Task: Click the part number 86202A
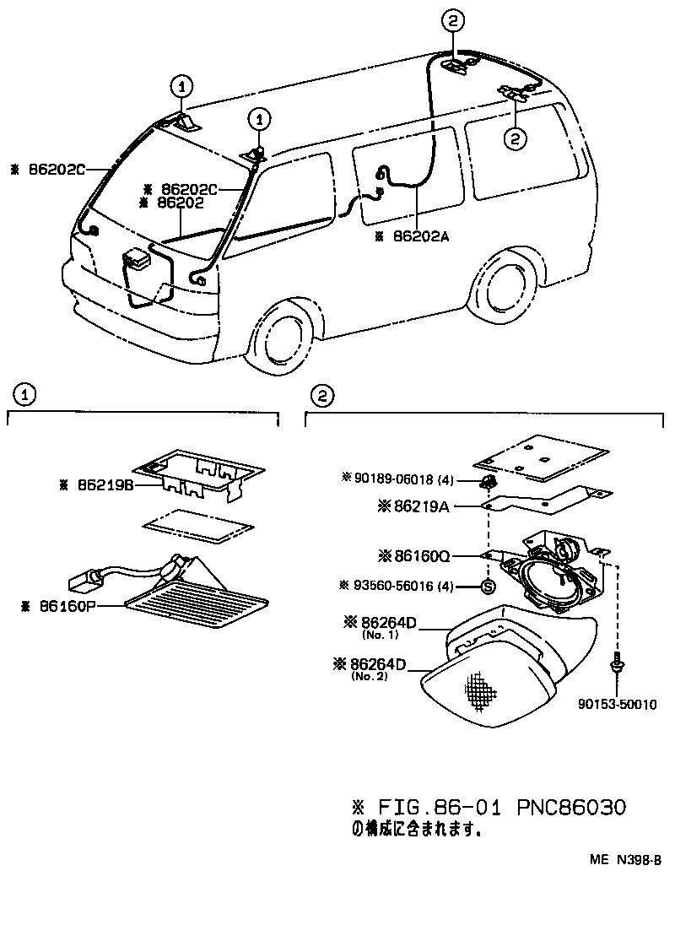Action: pos(420,237)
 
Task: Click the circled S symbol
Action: pos(487,586)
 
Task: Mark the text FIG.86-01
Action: pos(435,807)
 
